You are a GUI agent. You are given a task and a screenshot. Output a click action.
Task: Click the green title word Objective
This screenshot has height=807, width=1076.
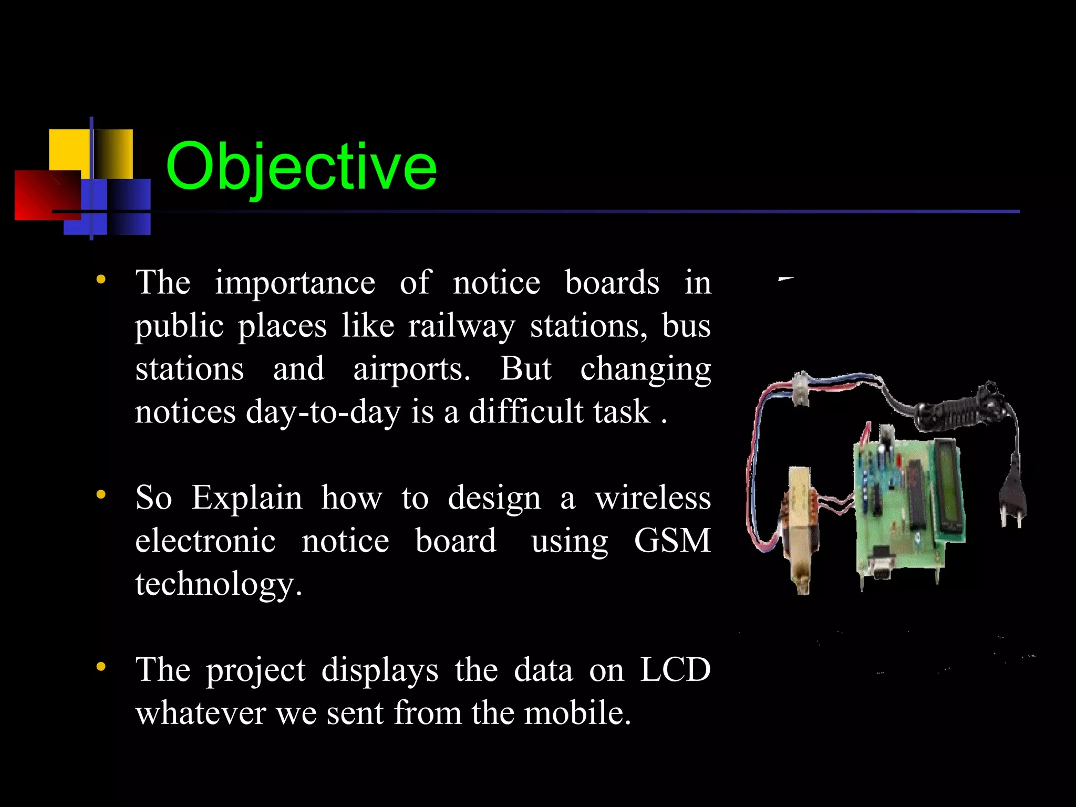pyautogui.click(x=301, y=167)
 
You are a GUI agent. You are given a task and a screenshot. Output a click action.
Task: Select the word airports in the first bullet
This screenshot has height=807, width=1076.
pyautogui.click(x=411, y=369)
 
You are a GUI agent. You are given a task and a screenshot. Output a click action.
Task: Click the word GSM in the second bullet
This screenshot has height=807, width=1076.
pyautogui.click(x=672, y=541)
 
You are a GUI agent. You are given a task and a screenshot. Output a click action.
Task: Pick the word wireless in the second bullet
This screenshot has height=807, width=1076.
pyautogui.click(x=653, y=498)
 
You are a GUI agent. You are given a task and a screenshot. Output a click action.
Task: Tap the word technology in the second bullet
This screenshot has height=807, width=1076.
pyautogui.click(x=218, y=584)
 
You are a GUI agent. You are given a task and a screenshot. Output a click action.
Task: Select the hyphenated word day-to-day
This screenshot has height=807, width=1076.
pyautogui.click(x=323, y=412)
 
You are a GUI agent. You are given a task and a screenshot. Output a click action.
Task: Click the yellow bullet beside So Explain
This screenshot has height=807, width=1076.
pyautogui.click(x=101, y=494)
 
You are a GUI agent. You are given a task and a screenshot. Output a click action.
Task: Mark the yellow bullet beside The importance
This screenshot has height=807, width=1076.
pyautogui.click(x=101, y=280)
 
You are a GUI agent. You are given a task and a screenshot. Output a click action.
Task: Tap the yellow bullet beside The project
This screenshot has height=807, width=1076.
pyautogui.click(x=101, y=667)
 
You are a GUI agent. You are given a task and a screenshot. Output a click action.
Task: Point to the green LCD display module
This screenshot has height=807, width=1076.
pyautogui.click(x=948, y=486)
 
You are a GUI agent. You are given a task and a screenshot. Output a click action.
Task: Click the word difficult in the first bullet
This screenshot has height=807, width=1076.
pyautogui.click(x=526, y=412)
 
